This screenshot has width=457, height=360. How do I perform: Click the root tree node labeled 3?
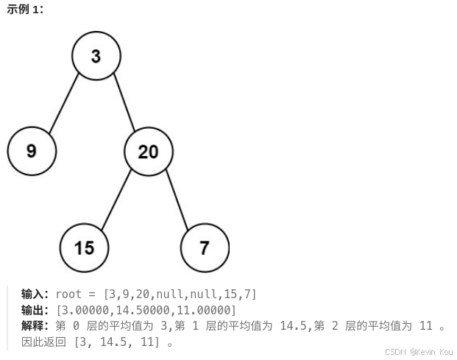[96, 55]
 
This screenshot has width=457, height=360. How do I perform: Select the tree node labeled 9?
[32, 151]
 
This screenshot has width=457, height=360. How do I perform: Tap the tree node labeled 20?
[148, 152]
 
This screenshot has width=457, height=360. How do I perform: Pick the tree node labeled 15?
[85, 247]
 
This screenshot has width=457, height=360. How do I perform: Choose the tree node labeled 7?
[204, 247]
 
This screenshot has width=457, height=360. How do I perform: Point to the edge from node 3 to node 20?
[123, 103]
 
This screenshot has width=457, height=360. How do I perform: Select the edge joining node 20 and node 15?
[116, 200]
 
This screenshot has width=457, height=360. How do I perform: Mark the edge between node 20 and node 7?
[176, 200]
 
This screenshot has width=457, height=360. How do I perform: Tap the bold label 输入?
[35, 294]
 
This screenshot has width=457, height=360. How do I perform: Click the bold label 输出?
[35, 310]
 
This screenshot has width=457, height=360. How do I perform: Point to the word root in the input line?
[69, 294]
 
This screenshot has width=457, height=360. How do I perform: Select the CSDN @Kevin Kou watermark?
[419, 352]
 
